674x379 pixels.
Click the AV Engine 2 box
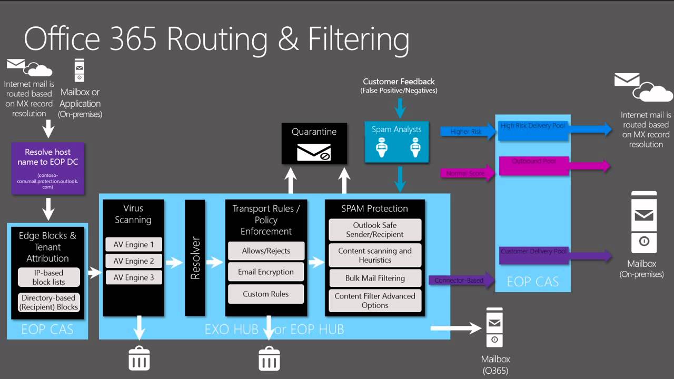coord(134,261)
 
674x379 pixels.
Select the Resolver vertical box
coord(195,258)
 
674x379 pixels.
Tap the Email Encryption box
coord(266,272)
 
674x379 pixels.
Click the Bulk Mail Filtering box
coord(375,278)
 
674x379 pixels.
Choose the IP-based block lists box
coord(48,277)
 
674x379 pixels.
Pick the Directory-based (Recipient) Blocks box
coord(48,302)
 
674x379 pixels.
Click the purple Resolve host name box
coord(48,168)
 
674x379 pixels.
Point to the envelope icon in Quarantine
coord(314,152)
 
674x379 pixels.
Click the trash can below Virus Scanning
coord(140,358)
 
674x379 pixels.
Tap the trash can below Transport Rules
coord(269,358)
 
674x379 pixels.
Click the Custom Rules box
coord(266,294)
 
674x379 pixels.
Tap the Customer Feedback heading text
coord(399,82)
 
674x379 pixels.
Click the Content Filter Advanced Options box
coord(375,301)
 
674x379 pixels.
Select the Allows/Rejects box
coord(266,251)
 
